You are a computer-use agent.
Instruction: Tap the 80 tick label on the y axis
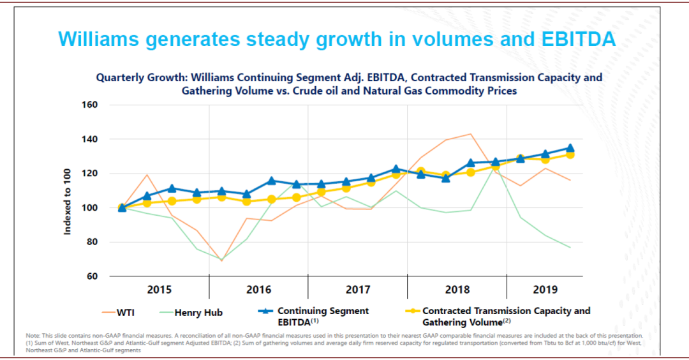tap(91, 242)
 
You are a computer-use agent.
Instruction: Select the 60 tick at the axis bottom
tap(91, 276)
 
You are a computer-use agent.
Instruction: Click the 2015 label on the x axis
tap(159, 290)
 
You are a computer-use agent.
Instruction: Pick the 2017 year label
tap(358, 290)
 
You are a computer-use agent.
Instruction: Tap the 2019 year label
tap(545, 290)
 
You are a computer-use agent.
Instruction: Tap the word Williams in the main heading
tap(99, 39)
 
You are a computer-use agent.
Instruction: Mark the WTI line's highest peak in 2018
tap(471, 134)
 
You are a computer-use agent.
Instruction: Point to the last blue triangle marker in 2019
tap(570, 147)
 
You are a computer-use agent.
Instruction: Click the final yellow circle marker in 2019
tap(570, 154)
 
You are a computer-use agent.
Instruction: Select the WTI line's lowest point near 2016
tap(221, 260)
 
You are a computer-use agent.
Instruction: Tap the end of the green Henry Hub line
tap(570, 247)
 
